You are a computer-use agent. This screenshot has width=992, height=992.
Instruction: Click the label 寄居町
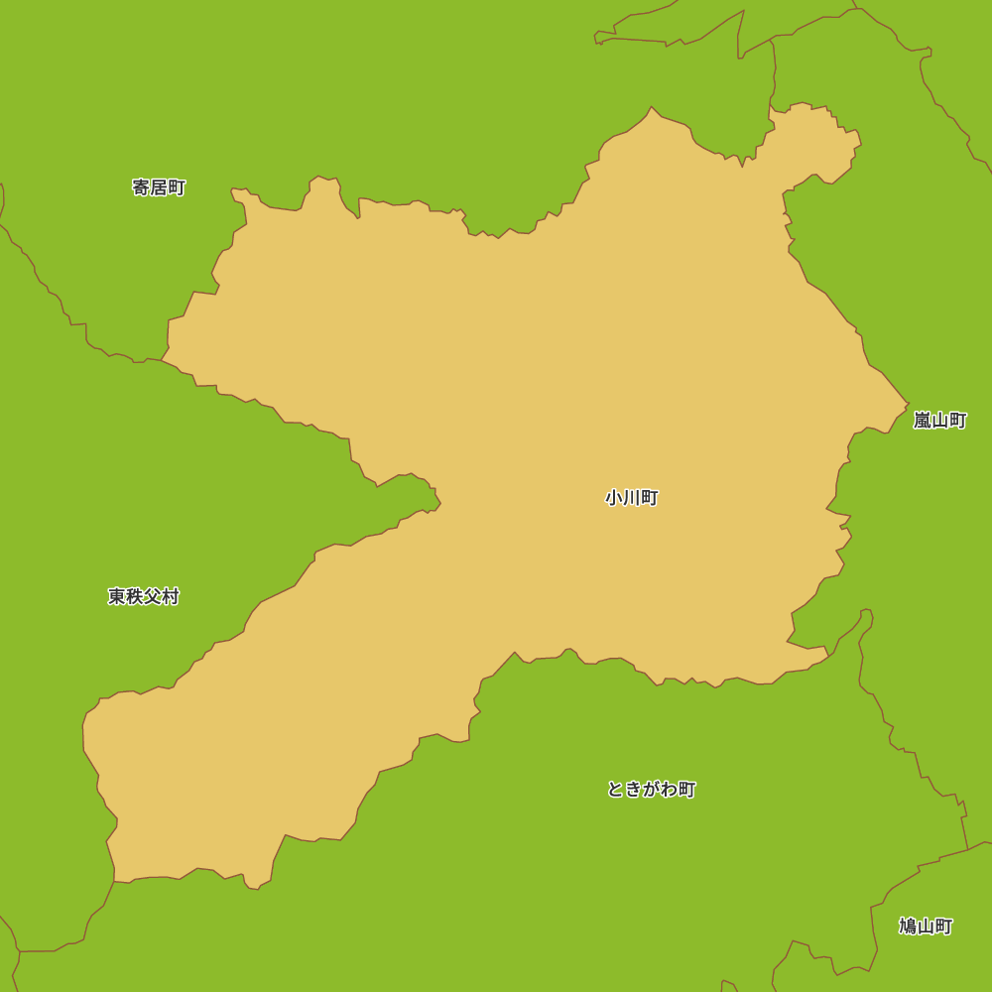click(159, 187)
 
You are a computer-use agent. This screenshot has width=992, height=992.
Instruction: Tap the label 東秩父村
click(144, 596)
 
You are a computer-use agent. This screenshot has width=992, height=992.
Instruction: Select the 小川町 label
click(632, 498)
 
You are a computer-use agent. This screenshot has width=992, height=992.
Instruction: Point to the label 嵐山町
click(939, 421)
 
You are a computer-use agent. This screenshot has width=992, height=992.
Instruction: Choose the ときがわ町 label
click(651, 790)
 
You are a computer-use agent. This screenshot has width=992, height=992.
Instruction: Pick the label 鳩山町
click(926, 927)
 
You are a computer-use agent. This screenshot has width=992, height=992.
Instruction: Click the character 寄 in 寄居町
click(141, 187)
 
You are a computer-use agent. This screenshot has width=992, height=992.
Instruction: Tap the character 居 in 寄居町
click(159, 187)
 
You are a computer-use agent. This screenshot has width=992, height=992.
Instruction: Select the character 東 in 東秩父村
click(117, 596)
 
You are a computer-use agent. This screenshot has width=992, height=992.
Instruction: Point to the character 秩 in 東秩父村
click(135, 596)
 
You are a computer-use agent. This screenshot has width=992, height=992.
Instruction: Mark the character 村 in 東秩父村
click(171, 596)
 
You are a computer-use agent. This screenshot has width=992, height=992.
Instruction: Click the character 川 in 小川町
click(632, 498)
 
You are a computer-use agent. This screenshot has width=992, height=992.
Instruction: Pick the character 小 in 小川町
click(614, 498)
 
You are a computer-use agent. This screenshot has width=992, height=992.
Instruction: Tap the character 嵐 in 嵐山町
click(923, 421)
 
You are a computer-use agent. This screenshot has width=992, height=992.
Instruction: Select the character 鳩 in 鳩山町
click(908, 927)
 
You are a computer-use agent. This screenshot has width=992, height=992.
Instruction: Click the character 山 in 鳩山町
click(926, 927)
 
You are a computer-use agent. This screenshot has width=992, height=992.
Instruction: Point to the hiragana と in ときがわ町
click(616, 790)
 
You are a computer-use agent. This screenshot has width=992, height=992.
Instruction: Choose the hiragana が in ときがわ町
click(652, 790)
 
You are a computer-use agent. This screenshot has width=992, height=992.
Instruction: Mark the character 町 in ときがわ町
click(686, 790)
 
